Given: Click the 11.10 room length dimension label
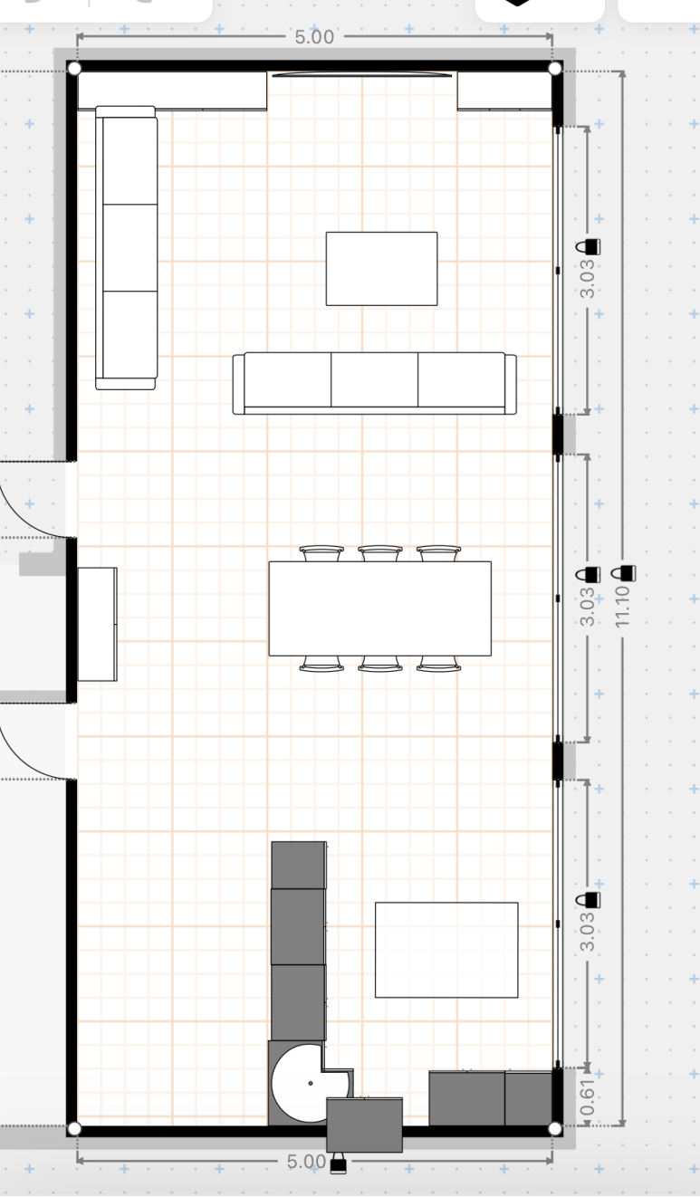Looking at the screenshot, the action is click(x=622, y=606).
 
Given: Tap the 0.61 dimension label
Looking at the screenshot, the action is click(x=587, y=1098).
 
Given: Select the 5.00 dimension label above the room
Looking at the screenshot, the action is click(x=314, y=37).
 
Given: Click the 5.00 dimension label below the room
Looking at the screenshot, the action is click(x=306, y=1161).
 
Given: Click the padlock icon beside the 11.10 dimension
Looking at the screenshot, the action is click(x=623, y=573).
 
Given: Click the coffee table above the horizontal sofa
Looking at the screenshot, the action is click(x=381, y=269).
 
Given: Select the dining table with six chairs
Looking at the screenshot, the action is click(x=380, y=608).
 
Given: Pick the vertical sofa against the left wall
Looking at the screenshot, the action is click(x=127, y=247).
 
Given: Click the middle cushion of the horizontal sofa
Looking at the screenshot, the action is click(x=374, y=379).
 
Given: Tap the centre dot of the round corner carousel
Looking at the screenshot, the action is click(x=311, y=1083).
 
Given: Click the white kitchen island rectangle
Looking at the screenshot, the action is click(x=446, y=950).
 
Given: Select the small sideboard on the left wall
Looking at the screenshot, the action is click(x=97, y=624).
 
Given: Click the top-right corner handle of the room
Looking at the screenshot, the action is click(x=555, y=69).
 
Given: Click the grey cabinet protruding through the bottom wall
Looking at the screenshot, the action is click(x=364, y=1125).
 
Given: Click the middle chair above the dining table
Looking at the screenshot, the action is click(x=380, y=553).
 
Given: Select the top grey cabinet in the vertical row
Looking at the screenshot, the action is click(x=299, y=865).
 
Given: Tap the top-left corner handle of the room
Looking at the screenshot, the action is click(x=75, y=69).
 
